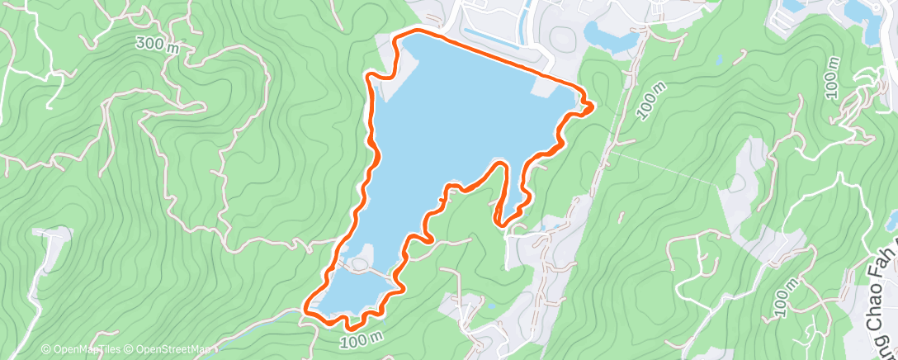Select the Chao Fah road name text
[x=881, y=293]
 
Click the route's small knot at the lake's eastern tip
[x=587, y=104]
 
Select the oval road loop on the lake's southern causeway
[x=361, y=265]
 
